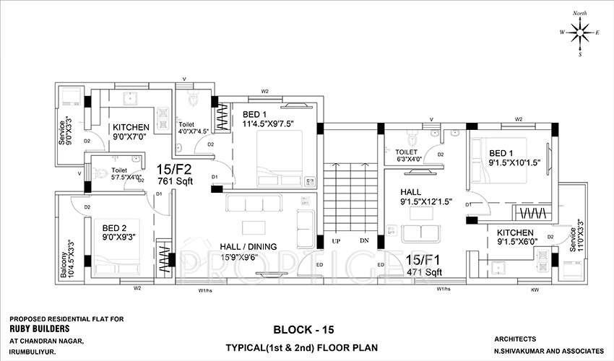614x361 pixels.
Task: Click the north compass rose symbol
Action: point(579,32)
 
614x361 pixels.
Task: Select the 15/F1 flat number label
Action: point(423,258)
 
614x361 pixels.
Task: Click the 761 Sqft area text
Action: point(176,181)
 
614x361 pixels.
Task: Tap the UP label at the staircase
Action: point(336,240)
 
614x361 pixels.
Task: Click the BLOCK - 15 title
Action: point(303,329)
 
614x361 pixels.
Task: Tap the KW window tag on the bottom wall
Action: point(535,290)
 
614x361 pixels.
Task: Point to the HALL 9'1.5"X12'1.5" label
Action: point(426,197)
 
